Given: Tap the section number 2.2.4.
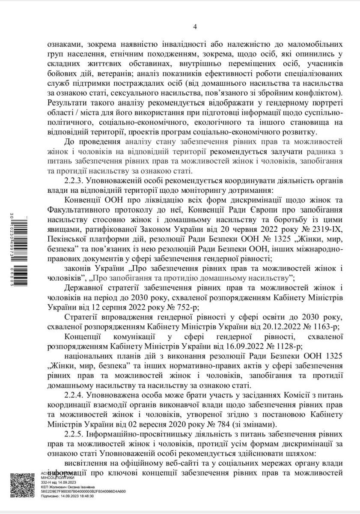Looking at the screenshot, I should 75,394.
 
